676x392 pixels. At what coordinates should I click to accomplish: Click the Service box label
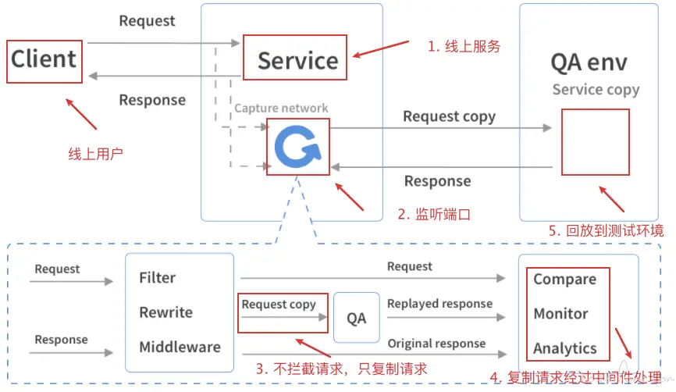(297, 59)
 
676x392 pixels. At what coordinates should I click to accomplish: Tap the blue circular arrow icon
(297, 146)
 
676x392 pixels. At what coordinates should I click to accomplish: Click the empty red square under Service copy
(595, 141)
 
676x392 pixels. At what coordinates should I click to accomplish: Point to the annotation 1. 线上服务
(463, 46)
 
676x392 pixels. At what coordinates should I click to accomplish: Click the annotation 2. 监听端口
(433, 213)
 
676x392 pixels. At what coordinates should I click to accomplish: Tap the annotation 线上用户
(96, 154)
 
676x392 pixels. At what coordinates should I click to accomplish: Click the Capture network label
(281, 108)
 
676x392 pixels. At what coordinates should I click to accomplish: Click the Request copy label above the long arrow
(449, 116)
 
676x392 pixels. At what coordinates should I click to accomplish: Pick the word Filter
(157, 277)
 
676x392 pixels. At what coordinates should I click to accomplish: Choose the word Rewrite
(165, 312)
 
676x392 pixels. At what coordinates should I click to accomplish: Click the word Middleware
(180, 347)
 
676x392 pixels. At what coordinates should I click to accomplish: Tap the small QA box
(356, 318)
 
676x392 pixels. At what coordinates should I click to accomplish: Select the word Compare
(564, 279)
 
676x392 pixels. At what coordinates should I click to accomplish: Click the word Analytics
(564, 348)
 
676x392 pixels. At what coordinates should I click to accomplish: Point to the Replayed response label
(439, 303)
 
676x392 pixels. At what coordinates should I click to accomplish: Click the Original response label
(436, 343)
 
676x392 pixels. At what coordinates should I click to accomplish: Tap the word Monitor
(560, 313)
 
